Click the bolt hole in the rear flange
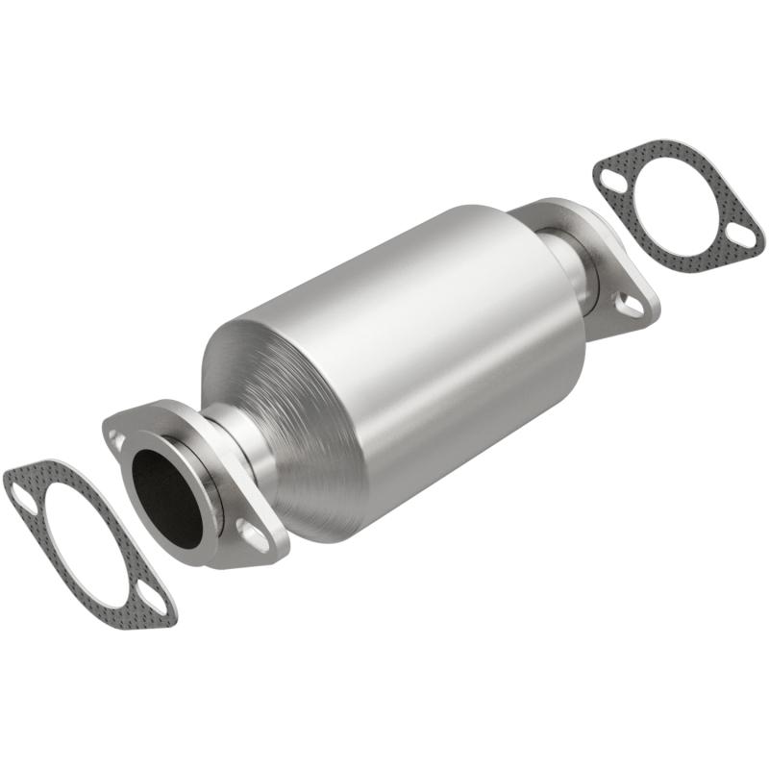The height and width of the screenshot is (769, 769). (630, 305)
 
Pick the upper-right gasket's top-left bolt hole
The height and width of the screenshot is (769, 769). (608, 177)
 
